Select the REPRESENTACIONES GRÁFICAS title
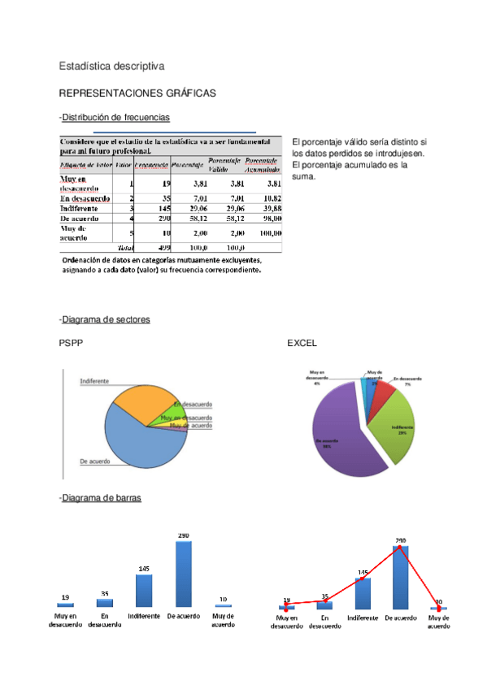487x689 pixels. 137,93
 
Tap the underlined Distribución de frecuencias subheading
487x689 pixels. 115,118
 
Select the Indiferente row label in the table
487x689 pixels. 79,209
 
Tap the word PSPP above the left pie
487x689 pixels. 71,344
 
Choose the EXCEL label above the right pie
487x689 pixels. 302,344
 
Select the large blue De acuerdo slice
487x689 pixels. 136,443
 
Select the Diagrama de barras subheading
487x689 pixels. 101,498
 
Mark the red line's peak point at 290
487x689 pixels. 400,547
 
